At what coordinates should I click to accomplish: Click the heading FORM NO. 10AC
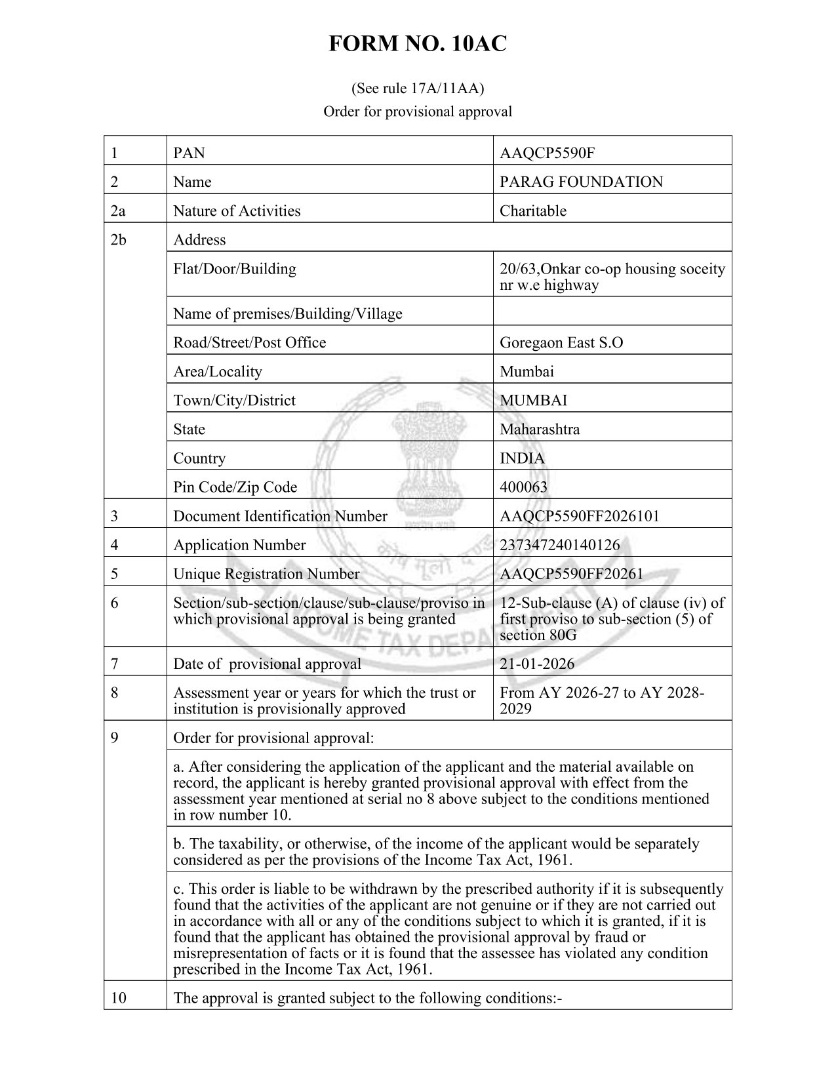click(x=418, y=44)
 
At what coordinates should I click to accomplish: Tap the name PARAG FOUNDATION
click(x=581, y=182)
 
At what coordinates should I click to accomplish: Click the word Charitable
click(x=532, y=210)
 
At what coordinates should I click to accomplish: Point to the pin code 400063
click(x=523, y=487)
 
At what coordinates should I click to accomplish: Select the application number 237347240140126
click(x=559, y=545)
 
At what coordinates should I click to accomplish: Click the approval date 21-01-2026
click(x=536, y=664)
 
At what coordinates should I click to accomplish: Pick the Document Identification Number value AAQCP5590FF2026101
click(x=579, y=516)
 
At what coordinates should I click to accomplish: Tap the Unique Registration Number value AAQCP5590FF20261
click(x=571, y=574)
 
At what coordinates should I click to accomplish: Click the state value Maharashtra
click(x=539, y=430)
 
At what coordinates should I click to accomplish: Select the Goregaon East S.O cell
click(x=561, y=342)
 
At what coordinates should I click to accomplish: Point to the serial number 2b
click(x=119, y=240)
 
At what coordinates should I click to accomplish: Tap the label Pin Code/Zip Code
click(x=235, y=487)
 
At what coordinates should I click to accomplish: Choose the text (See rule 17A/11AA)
click(x=418, y=87)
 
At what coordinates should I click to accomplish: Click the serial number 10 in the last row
click(x=118, y=998)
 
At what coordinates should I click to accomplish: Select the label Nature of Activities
click(x=237, y=210)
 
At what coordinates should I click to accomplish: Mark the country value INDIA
click(x=522, y=458)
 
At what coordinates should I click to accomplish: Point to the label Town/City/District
click(x=234, y=401)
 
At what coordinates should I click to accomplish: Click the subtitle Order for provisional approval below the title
click(x=418, y=111)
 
